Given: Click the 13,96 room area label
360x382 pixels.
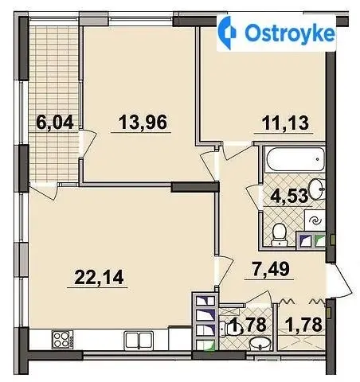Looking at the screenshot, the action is point(143,123).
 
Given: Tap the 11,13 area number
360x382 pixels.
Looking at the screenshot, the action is point(285,123).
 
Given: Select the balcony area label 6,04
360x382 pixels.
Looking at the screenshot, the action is point(55,123).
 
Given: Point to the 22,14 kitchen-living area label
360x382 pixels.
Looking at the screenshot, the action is point(99,277).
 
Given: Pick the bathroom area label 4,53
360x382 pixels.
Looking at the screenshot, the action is point(289,196).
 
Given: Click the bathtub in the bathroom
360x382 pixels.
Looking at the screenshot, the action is point(295,159).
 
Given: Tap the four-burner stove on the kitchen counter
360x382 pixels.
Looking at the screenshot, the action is point(63,340).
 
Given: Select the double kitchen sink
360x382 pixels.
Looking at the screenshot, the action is point(139,340).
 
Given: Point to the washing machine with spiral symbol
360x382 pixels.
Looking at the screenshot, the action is point(315,220).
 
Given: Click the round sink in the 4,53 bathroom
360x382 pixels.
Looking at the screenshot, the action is point(317,189).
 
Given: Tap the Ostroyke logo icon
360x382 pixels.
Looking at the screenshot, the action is point(227,33).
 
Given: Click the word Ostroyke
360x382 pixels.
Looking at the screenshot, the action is point(290,33).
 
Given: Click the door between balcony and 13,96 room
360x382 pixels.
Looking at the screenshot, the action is point(88,143).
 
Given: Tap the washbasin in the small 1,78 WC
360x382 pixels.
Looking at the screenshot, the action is point(260,344).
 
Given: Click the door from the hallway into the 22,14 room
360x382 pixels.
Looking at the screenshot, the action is point(224,271).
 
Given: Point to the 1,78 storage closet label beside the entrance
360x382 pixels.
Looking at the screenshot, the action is point(305,325).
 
